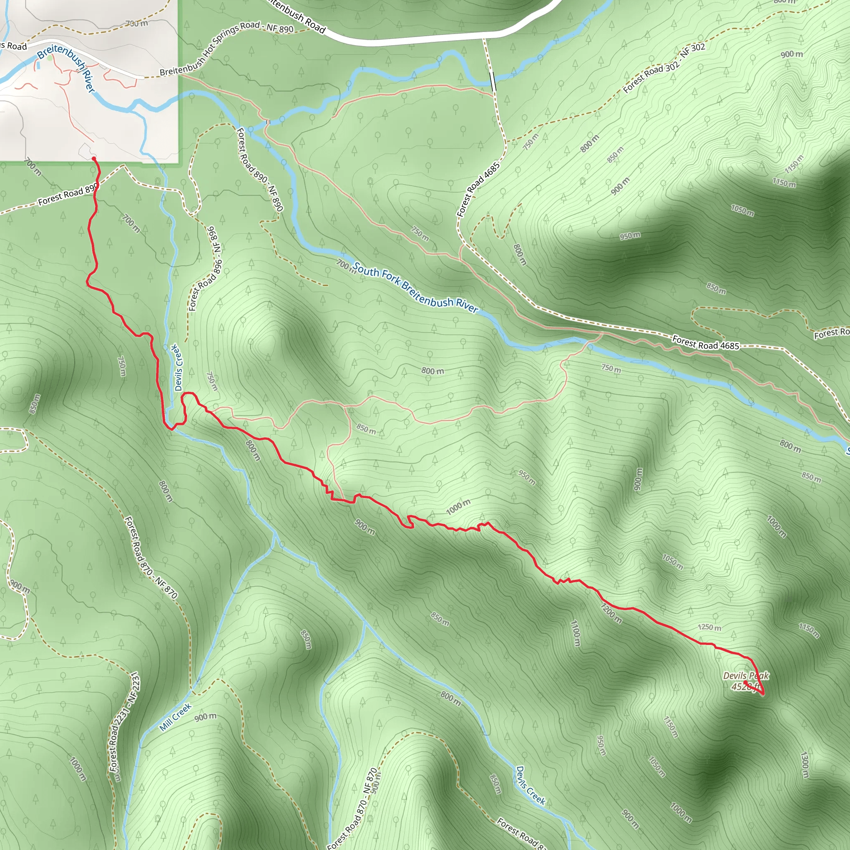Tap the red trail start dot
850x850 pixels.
pyautogui.click(x=94, y=159)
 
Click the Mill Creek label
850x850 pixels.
pyautogui.click(x=175, y=717)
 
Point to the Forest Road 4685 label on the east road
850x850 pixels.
pyautogui.click(x=705, y=343)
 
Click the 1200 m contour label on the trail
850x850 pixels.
pyautogui.click(x=611, y=613)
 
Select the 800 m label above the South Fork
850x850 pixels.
pyautogui.click(x=432, y=371)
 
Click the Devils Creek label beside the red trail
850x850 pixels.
pyautogui.click(x=177, y=368)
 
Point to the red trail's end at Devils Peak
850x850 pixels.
pyautogui.click(x=745, y=682)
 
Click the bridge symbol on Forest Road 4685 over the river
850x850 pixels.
pyautogui.click(x=493, y=81)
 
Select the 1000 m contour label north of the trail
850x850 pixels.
pyautogui.click(x=458, y=507)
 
